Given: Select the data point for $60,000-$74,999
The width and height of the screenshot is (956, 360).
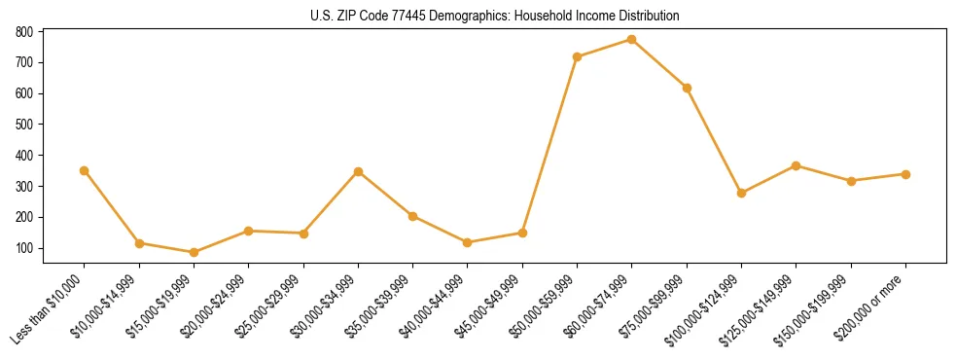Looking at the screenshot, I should click(632, 40).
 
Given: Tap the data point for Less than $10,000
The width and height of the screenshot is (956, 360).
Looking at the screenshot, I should click(85, 170).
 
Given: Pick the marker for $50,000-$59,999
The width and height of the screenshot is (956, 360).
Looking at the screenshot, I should click(578, 56).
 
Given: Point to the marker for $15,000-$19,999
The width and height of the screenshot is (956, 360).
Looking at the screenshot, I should click(194, 253).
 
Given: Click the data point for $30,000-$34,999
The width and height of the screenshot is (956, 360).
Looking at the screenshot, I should click(359, 171).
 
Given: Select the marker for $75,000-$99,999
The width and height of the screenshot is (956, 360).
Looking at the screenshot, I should click(687, 88).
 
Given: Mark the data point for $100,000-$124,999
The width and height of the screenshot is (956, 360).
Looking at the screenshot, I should click(742, 193).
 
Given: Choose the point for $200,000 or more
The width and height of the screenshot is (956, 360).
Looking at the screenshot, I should click(906, 174).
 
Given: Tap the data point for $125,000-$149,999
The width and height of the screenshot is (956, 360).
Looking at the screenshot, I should click(797, 165).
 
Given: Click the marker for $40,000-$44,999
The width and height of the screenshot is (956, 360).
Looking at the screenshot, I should click(468, 242).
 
